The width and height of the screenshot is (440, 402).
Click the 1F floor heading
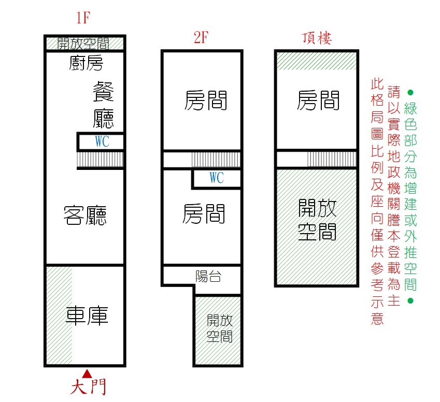coord(83,18)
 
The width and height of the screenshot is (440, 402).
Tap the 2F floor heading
coord(201,38)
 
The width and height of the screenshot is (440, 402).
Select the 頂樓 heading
coord(317,38)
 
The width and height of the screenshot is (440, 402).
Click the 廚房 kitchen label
coord(86,63)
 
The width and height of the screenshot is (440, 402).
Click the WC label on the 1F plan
coord(102,141)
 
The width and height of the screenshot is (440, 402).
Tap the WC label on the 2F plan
coord(217,178)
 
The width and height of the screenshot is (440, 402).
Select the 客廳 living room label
coord(85,216)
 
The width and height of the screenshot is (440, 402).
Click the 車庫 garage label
coord(87,316)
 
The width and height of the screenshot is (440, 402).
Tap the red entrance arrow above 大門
coord(87,374)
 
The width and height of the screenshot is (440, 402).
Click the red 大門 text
coord(88,387)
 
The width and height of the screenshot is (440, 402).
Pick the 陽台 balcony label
coord(208,277)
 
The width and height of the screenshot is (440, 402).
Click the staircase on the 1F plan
coord(100,160)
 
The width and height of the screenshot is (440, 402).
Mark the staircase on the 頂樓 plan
coord(332,160)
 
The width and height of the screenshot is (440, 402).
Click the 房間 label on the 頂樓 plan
coord(318,100)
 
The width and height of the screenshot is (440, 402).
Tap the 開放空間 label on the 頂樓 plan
coord(317,220)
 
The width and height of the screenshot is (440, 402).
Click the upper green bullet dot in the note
coord(410,92)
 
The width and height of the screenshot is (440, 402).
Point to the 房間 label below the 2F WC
coord(204,214)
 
